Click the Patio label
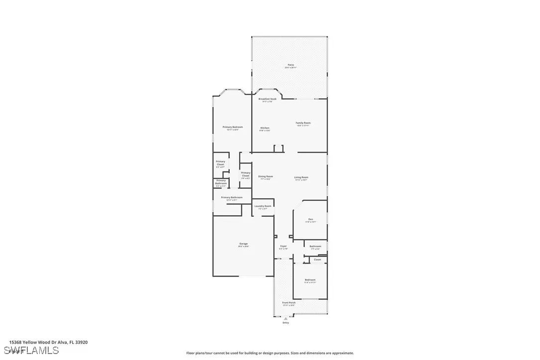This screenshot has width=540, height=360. coord(290,65)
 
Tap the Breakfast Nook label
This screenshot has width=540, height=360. coord(267,99)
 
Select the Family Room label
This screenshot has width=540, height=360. coord(303,123)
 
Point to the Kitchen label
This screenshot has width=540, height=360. coord(265,128)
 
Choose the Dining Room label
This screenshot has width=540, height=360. coord(266,177)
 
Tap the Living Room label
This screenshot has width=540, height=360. coord(301,178)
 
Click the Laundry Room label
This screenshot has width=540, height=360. coord(263,206)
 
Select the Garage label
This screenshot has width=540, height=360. coord(243,244)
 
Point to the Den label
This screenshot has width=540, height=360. coord(310,220)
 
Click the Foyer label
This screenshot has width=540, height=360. coord(283,246)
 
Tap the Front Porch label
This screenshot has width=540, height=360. coord(289,303)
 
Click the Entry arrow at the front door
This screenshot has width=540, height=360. coord(285,318)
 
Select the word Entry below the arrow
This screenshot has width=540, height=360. coord(285,323)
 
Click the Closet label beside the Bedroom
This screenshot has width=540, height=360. coord(317,260)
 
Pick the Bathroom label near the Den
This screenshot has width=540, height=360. coord(315,246)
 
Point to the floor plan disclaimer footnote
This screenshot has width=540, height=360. coord(270,353)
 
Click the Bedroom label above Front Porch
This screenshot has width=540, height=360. coord(310,280)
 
